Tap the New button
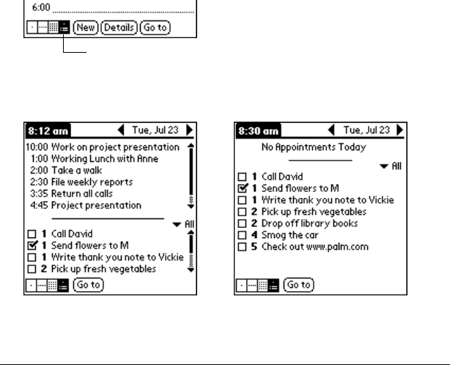coord(83,29)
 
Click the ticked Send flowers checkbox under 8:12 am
coord(31,246)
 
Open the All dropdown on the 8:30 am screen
coord(391,166)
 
